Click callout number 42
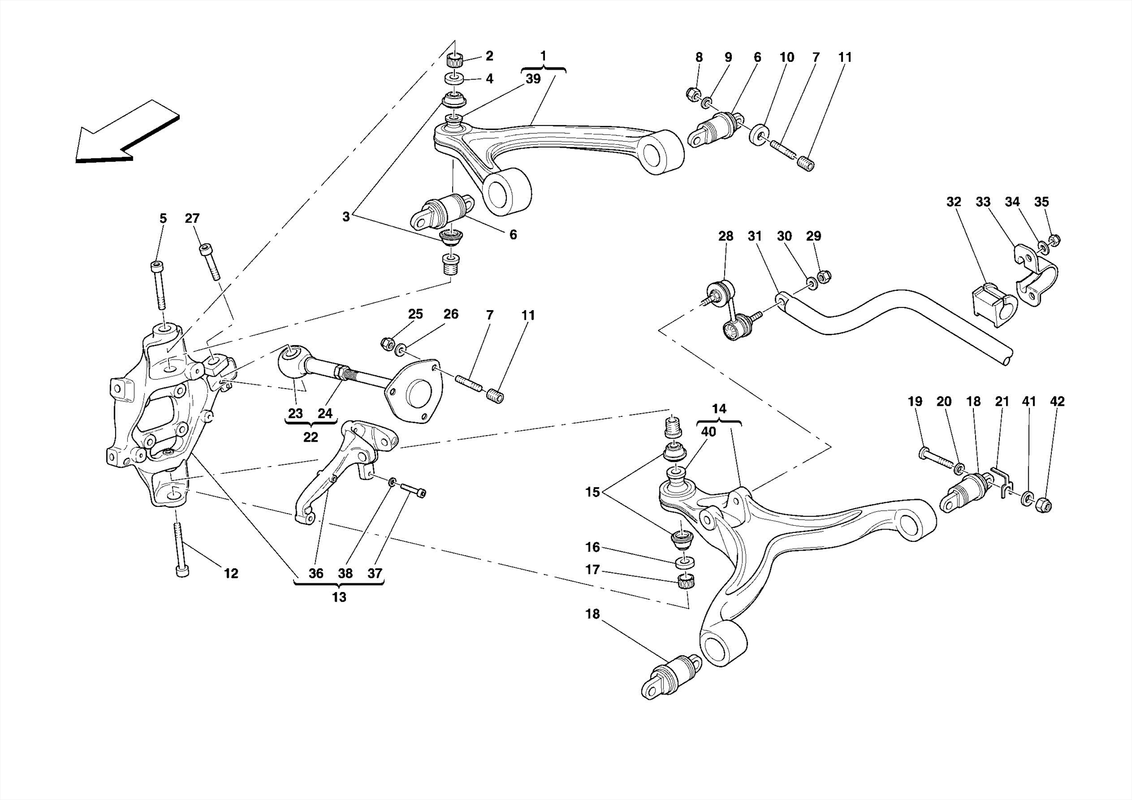click(x=1057, y=401)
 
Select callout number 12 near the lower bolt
click(x=231, y=573)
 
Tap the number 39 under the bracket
click(x=533, y=79)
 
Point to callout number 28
click(x=725, y=236)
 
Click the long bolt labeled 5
click(x=159, y=285)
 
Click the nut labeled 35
click(x=1054, y=240)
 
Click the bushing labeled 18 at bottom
click(x=672, y=678)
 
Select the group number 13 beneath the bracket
click(x=339, y=598)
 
